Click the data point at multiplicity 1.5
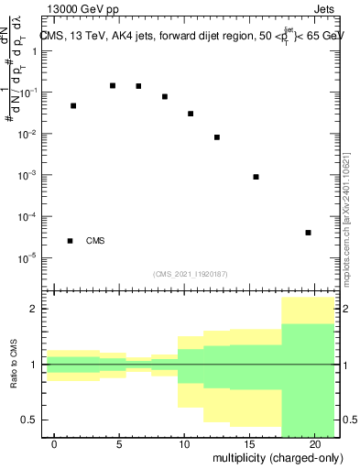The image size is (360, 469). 73,105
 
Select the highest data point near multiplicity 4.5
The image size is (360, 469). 113,85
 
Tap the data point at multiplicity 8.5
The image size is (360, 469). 165,96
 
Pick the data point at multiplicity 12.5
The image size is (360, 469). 217,137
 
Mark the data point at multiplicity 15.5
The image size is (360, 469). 256,177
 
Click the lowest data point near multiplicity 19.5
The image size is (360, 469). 309,233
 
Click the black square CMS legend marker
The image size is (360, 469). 71,241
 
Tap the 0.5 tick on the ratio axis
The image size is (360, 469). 30,420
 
